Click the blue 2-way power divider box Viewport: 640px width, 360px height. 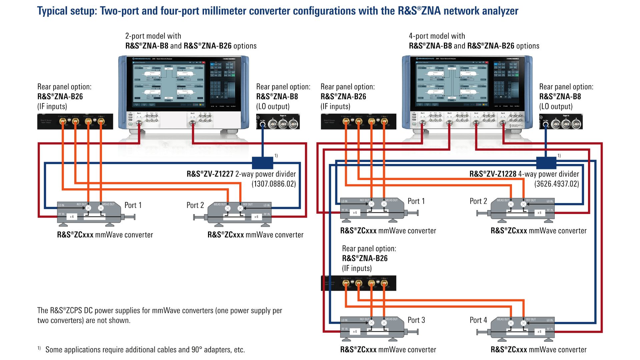tap(262, 163)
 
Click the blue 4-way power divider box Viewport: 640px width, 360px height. tap(546, 163)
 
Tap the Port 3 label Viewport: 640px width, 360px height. tap(416, 320)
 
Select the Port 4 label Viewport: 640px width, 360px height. tap(478, 320)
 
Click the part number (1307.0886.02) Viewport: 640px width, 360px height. tap(274, 184)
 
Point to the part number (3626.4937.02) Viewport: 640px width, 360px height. tap(556, 184)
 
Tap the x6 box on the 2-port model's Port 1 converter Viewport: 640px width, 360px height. tap(72, 217)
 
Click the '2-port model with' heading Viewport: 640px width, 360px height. tap(153, 36)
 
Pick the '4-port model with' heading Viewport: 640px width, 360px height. tap(437, 36)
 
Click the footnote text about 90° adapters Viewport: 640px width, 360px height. tap(145, 350)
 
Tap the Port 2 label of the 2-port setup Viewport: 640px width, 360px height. tap(195, 205)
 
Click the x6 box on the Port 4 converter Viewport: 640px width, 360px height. tap(539, 332)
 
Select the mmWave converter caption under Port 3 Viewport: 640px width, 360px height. tap(388, 350)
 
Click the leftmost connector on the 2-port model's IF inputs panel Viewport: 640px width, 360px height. tap(62, 122)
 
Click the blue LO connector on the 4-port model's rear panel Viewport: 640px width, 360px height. tap(546, 125)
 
